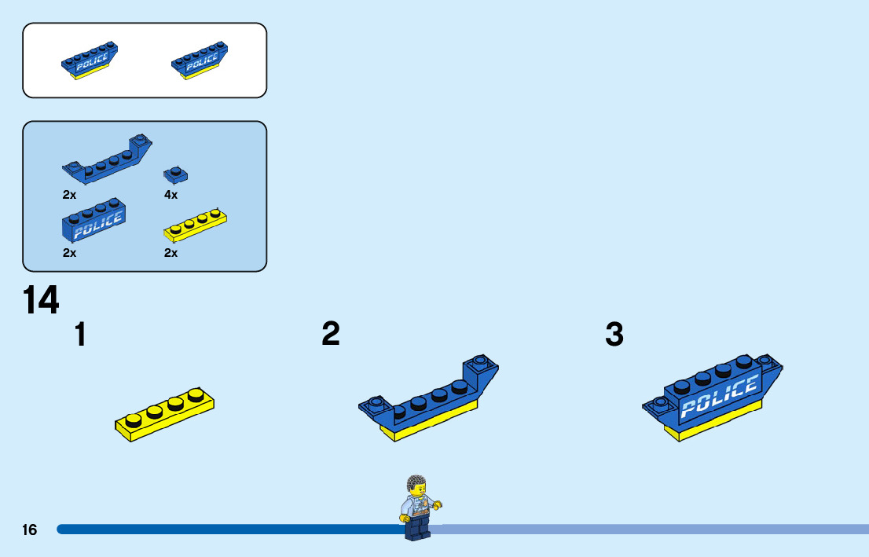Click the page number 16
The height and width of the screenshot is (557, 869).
[x=29, y=530]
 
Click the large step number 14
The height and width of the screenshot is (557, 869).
[x=41, y=300]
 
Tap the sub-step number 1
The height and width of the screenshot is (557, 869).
[x=80, y=335]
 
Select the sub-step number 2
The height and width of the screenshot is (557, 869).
[x=331, y=334]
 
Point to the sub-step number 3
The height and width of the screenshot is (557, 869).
[x=614, y=335]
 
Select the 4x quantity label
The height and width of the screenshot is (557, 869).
[x=171, y=194]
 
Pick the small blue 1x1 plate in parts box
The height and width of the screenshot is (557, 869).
[x=175, y=174]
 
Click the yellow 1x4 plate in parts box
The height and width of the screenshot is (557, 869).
[x=195, y=225]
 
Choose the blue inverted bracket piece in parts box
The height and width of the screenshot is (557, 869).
[x=106, y=160]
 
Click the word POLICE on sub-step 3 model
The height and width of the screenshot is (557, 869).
[x=719, y=397]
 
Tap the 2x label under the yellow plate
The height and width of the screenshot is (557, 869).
[x=171, y=253]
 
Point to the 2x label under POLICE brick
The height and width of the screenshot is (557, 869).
[x=70, y=253]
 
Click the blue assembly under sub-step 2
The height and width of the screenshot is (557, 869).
[x=428, y=401]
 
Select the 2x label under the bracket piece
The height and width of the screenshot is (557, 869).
[x=70, y=194]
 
